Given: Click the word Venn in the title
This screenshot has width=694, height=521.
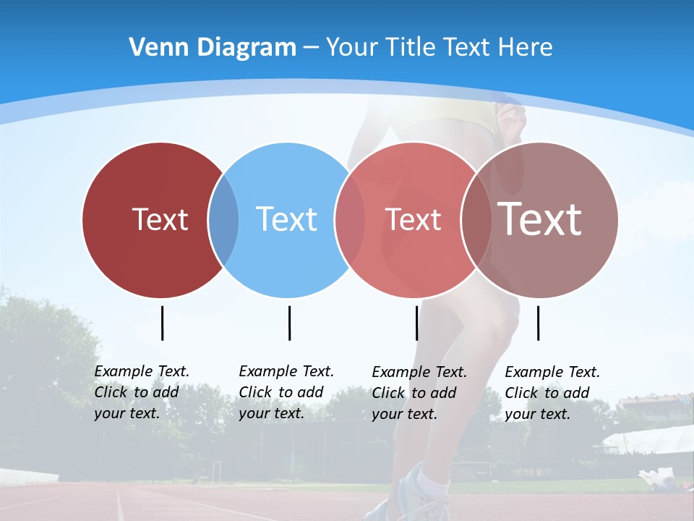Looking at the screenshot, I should coord(154,48).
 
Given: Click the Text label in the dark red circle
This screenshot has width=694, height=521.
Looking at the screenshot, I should coord(160,219).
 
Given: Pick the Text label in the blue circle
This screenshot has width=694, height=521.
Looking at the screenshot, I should coord(287,219).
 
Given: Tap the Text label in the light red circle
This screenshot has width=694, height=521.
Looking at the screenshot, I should coord(413,219).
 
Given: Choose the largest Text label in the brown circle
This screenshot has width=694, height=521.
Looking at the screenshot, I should coord(540,219).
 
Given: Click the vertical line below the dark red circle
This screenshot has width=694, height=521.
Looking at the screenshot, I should coord(163,323).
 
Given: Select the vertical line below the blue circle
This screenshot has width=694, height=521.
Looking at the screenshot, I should coord(289,323).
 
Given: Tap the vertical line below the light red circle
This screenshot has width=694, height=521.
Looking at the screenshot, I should coord(417,323).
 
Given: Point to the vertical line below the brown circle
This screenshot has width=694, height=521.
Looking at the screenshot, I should coord(539,323).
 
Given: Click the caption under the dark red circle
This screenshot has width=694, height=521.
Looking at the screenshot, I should coord(141,392).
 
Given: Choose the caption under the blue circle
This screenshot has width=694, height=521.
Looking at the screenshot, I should coord(286,392).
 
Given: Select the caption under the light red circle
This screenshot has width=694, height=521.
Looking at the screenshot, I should coord(419,393).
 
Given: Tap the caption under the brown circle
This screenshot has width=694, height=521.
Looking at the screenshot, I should coord(552,393).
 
